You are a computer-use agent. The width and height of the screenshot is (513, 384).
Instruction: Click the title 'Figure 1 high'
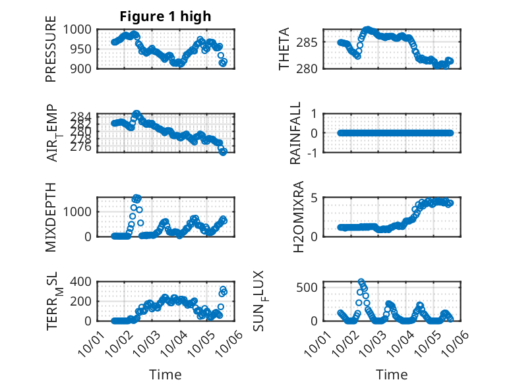coord(166,16)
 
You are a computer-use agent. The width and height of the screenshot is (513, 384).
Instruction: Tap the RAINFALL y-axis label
coord(296,132)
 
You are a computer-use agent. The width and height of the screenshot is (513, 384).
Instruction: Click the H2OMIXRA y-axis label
coord(299,216)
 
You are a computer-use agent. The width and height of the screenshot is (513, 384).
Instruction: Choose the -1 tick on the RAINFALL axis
coord(316,152)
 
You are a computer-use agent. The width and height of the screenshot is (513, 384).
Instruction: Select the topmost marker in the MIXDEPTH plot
coord(136,198)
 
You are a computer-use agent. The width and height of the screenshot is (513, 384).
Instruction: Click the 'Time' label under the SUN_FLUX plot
coord(392,374)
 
